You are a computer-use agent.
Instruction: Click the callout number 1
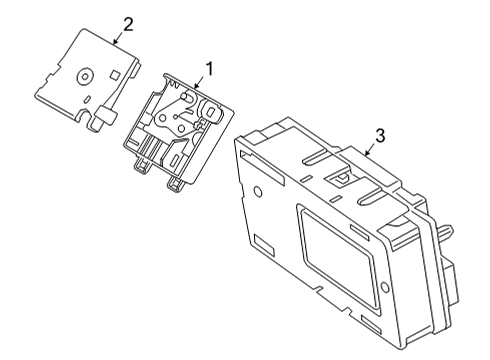tap(209, 69)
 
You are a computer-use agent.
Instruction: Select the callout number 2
tap(128, 25)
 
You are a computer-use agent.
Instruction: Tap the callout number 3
tap(380, 136)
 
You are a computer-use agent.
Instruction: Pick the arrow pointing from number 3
tap(369, 150)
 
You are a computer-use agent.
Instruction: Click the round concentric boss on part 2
tap(85, 77)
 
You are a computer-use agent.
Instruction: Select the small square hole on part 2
tap(115, 75)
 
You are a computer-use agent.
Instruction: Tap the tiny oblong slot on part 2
tap(88, 99)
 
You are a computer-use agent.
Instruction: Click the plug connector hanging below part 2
tap(105, 117)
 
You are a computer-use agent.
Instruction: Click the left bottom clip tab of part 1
tap(142, 165)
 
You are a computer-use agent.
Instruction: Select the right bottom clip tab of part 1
tap(177, 185)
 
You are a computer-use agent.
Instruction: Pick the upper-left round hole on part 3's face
tap(258, 191)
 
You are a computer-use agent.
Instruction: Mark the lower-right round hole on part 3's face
tap(384, 288)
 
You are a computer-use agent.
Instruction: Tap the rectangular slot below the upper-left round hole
tap(264, 245)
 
